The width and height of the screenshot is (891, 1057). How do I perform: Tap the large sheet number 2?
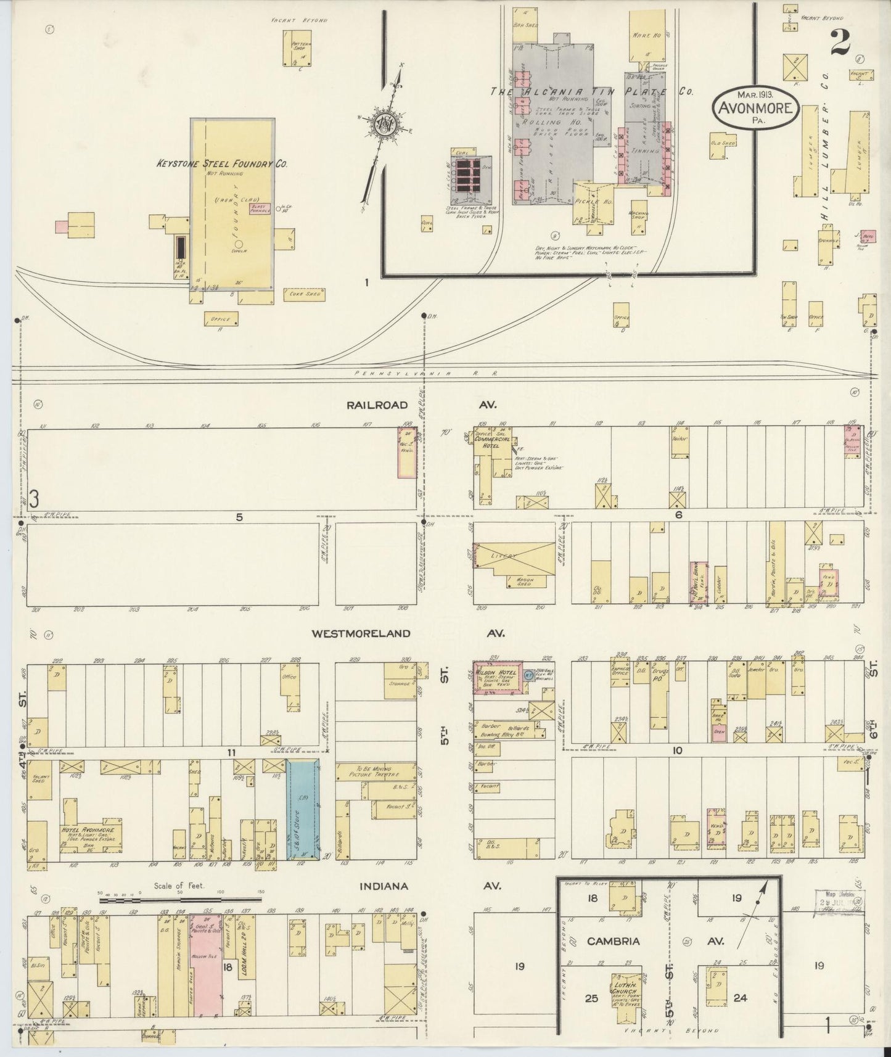pos(840,41)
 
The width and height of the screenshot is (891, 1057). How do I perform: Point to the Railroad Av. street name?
pos(377,405)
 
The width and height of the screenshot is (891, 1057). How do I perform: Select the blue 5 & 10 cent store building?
pos(303,810)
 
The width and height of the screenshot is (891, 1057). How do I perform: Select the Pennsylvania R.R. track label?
pos(425,374)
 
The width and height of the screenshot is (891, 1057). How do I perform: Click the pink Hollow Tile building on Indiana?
pos(206,974)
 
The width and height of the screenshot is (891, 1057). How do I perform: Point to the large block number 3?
pos(34,500)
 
